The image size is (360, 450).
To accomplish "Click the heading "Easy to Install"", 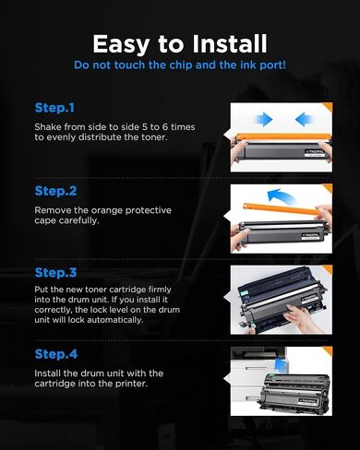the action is [x=180, y=45].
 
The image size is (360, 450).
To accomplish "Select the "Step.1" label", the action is [x=54, y=108].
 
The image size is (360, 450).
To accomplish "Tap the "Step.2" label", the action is [x=55, y=191].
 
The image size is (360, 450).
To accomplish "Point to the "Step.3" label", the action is [x=55, y=272].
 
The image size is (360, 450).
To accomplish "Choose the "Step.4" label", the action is [x=56, y=354].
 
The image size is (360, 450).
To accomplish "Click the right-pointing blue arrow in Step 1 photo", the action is [x=264, y=119].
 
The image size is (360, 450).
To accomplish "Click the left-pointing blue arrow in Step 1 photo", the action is [x=304, y=119].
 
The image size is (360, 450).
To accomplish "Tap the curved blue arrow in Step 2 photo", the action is [x=281, y=196].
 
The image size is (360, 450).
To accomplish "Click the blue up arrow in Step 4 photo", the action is [x=281, y=364].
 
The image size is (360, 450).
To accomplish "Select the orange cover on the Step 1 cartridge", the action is [x=282, y=136].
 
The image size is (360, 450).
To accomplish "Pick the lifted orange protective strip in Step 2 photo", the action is [x=280, y=208].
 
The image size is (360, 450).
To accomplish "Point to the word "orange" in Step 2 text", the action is [x=107, y=210].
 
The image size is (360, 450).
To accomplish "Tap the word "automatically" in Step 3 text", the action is [x=115, y=320].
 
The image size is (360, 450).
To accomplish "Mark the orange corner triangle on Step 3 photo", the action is [x=327, y=269].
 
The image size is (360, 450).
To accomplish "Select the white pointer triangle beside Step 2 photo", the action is [x=227, y=217].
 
